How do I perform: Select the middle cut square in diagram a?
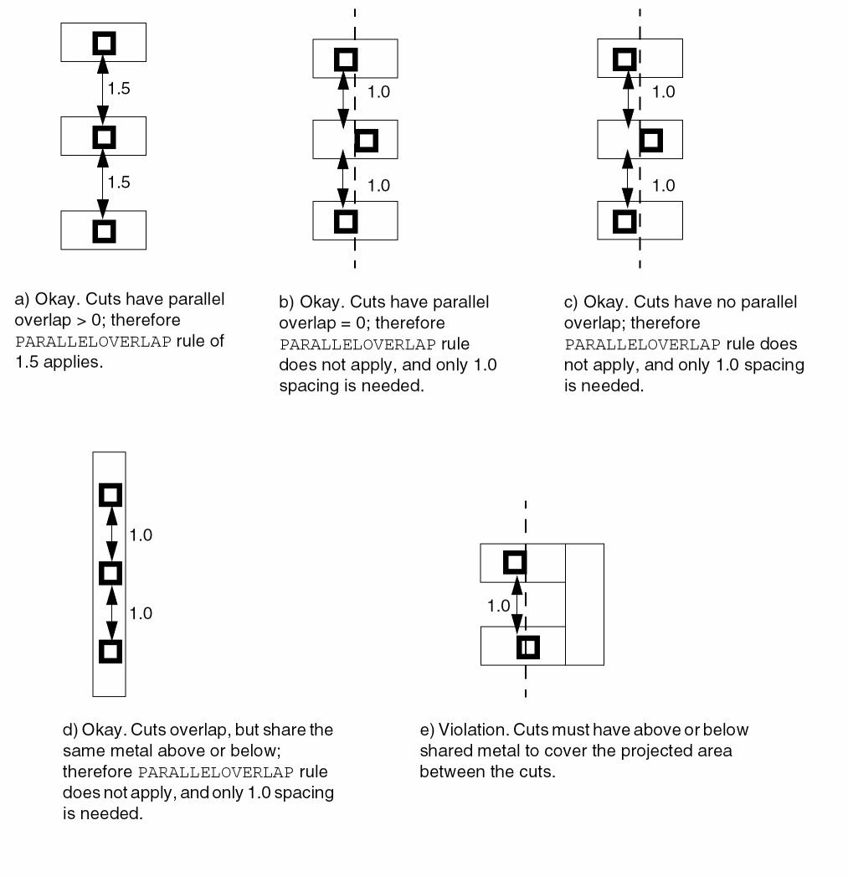[x=104, y=136]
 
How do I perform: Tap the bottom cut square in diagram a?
[x=104, y=230]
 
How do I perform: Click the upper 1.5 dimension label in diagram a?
[x=120, y=89]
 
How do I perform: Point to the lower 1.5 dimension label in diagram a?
[x=120, y=182]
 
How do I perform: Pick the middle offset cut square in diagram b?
[x=367, y=140]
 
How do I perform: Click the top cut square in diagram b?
[x=345, y=59]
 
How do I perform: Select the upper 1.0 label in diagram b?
[x=379, y=92]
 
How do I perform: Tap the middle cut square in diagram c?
[x=650, y=140]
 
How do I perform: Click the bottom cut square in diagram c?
[x=624, y=221]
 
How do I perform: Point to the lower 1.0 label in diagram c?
[x=663, y=185]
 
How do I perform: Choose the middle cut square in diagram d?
[x=110, y=573]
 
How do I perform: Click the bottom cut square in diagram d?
[x=110, y=651]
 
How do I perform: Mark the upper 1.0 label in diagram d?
[x=141, y=534]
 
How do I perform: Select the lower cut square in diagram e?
[x=527, y=647]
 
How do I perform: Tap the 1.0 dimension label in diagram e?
[x=499, y=605]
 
